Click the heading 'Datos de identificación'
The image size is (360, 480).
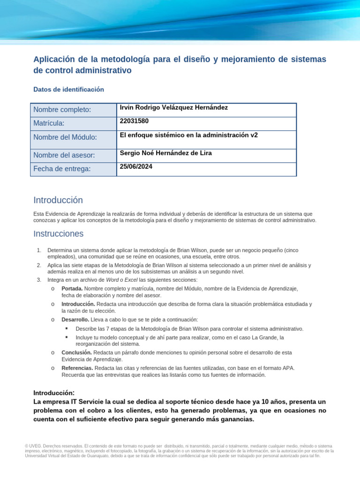tap(68, 89)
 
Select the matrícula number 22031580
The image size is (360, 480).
tap(134, 121)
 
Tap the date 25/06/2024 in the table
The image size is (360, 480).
tap(136, 166)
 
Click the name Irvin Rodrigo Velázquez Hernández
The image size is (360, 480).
tap(174, 107)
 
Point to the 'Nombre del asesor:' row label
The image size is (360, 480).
tap(64, 155)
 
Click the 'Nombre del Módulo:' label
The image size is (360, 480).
tap(65, 137)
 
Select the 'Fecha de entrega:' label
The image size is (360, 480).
tap(61, 169)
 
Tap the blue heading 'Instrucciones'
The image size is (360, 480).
tap(58, 233)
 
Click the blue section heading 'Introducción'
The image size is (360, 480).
tap(58, 200)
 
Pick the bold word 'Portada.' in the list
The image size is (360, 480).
tap(72, 288)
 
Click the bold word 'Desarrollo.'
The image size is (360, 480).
tap(75, 319)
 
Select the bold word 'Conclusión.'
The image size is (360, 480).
tap(76, 352)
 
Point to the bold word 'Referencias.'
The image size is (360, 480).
tap(77, 368)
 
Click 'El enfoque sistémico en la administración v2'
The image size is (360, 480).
tap(189, 135)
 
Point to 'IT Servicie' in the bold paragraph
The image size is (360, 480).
tap(81, 402)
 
